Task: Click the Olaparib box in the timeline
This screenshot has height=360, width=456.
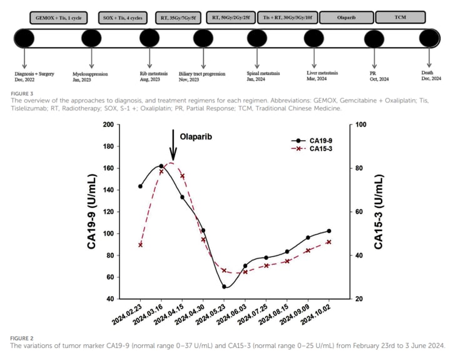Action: (x=344, y=18)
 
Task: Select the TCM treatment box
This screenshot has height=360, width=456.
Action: (x=400, y=18)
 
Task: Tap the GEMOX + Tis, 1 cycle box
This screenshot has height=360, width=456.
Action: (x=59, y=18)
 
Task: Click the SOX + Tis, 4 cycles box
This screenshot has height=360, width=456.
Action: (x=122, y=18)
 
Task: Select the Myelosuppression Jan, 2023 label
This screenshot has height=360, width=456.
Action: (x=91, y=77)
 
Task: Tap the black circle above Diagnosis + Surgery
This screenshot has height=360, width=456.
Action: (x=24, y=39)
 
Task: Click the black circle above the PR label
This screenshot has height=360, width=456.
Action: (x=374, y=39)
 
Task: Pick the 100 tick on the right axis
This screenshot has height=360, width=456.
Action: (x=361, y=125)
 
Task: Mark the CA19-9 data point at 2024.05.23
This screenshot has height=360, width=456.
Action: (x=224, y=287)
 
